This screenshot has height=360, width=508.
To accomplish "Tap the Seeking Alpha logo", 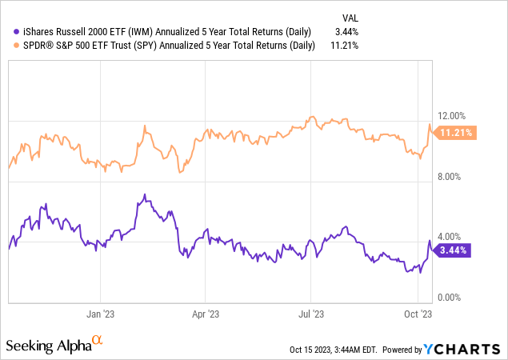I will [x=55, y=345].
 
